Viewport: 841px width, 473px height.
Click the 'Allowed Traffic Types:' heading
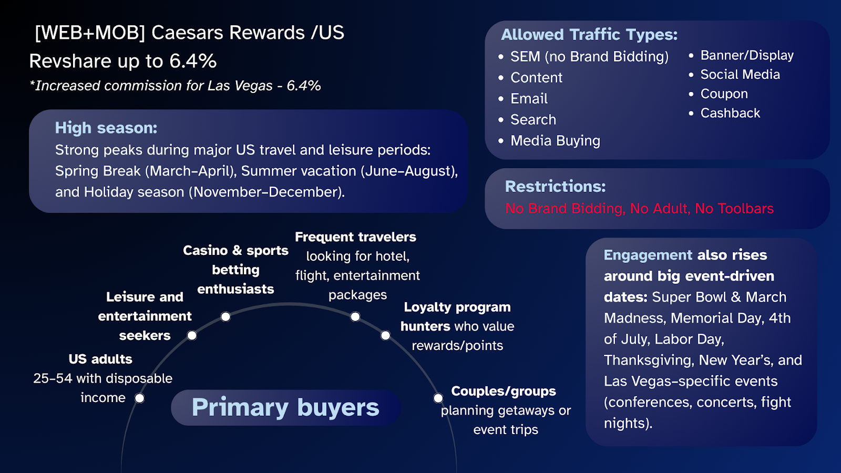[589, 35]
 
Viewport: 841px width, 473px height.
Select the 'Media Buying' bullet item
[555, 141]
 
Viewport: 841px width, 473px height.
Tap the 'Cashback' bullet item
[730, 113]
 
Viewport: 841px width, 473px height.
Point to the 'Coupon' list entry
[724, 94]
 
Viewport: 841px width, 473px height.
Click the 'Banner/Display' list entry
[747, 56]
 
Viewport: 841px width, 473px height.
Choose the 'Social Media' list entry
[740, 74]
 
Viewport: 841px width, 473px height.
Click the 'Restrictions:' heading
[555, 186]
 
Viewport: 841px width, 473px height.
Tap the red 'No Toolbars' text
[734, 208]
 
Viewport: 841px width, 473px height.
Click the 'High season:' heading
[106, 128]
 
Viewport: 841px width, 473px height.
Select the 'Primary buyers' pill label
[285, 407]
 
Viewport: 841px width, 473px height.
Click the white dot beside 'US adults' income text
[139, 398]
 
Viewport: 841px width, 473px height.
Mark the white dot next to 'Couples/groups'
[438, 398]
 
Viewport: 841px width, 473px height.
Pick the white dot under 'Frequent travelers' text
[355, 317]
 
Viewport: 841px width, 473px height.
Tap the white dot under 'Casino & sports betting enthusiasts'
[225, 317]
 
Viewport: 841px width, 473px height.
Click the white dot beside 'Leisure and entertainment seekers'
[192, 335]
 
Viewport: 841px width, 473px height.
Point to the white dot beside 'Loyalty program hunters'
[386, 335]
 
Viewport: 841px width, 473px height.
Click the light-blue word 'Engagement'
[648, 255]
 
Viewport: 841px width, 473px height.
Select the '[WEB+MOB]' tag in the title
[90, 33]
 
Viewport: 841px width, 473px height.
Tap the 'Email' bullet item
[529, 99]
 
